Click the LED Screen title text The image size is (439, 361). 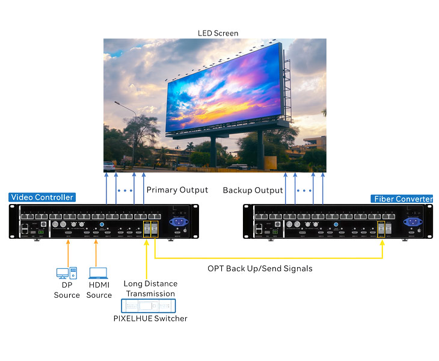coord(218,33)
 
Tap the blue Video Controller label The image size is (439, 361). coord(42,197)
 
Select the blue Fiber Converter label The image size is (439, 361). coord(402,199)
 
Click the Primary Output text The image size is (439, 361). coord(177,190)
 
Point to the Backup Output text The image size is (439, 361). coord(253,190)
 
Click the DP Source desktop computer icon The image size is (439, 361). coord(67,273)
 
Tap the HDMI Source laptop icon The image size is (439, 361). coord(98,273)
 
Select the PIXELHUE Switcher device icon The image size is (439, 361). coord(149,306)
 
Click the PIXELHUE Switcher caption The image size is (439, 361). coord(150,318)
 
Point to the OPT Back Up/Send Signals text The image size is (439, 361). coord(260,268)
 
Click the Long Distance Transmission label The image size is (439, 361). coord(150,288)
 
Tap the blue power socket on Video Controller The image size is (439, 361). coord(179,222)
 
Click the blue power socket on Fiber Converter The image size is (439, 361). coord(413,222)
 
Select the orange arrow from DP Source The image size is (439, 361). coord(68,253)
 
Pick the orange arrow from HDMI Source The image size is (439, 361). coord(96,253)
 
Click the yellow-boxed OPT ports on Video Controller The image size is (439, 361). coord(150,229)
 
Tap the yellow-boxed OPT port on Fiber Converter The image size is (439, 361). coord(381,229)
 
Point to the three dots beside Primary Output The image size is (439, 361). coord(125,191)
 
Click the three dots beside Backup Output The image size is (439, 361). coord(304,191)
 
